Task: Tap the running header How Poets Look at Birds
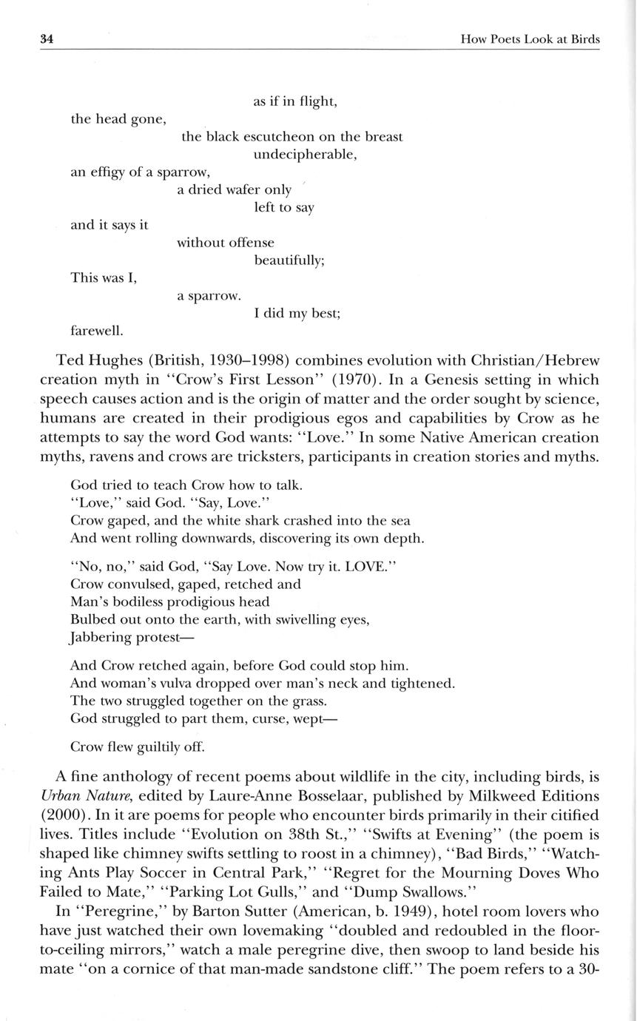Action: pyautogui.click(x=530, y=39)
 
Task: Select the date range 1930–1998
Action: pyautogui.click(x=225, y=361)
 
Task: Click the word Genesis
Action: pyautogui.click(x=431, y=380)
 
